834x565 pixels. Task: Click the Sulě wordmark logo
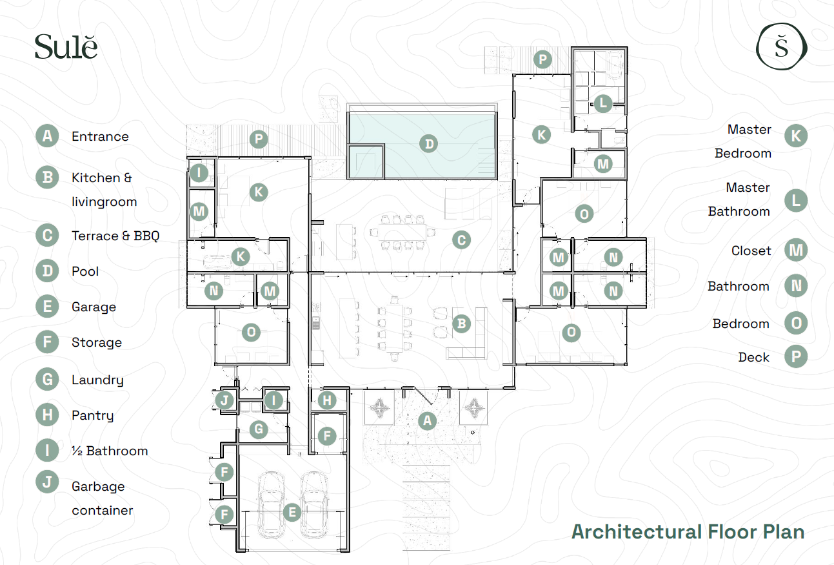[66, 47]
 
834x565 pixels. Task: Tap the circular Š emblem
[782, 46]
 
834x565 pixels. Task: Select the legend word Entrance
[100, 136]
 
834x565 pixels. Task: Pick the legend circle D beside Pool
[47, 271]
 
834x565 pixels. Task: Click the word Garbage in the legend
[98, 487]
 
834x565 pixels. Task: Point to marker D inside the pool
[429, 144]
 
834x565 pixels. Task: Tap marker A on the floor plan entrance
[427, 421]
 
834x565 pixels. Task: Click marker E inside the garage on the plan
[292, 513]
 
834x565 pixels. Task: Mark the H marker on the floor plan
[327, 400]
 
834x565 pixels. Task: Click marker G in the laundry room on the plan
[259, 429]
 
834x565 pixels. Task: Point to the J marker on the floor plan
[224, 400]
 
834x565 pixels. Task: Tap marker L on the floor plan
[603, 103]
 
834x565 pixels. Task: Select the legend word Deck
[753, 357]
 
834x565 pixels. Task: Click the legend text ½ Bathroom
[110, 451]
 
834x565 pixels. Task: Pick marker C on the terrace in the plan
[461, 240]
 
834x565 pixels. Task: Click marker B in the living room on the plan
[461, 324]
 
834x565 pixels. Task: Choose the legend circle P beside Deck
[796, 356]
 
